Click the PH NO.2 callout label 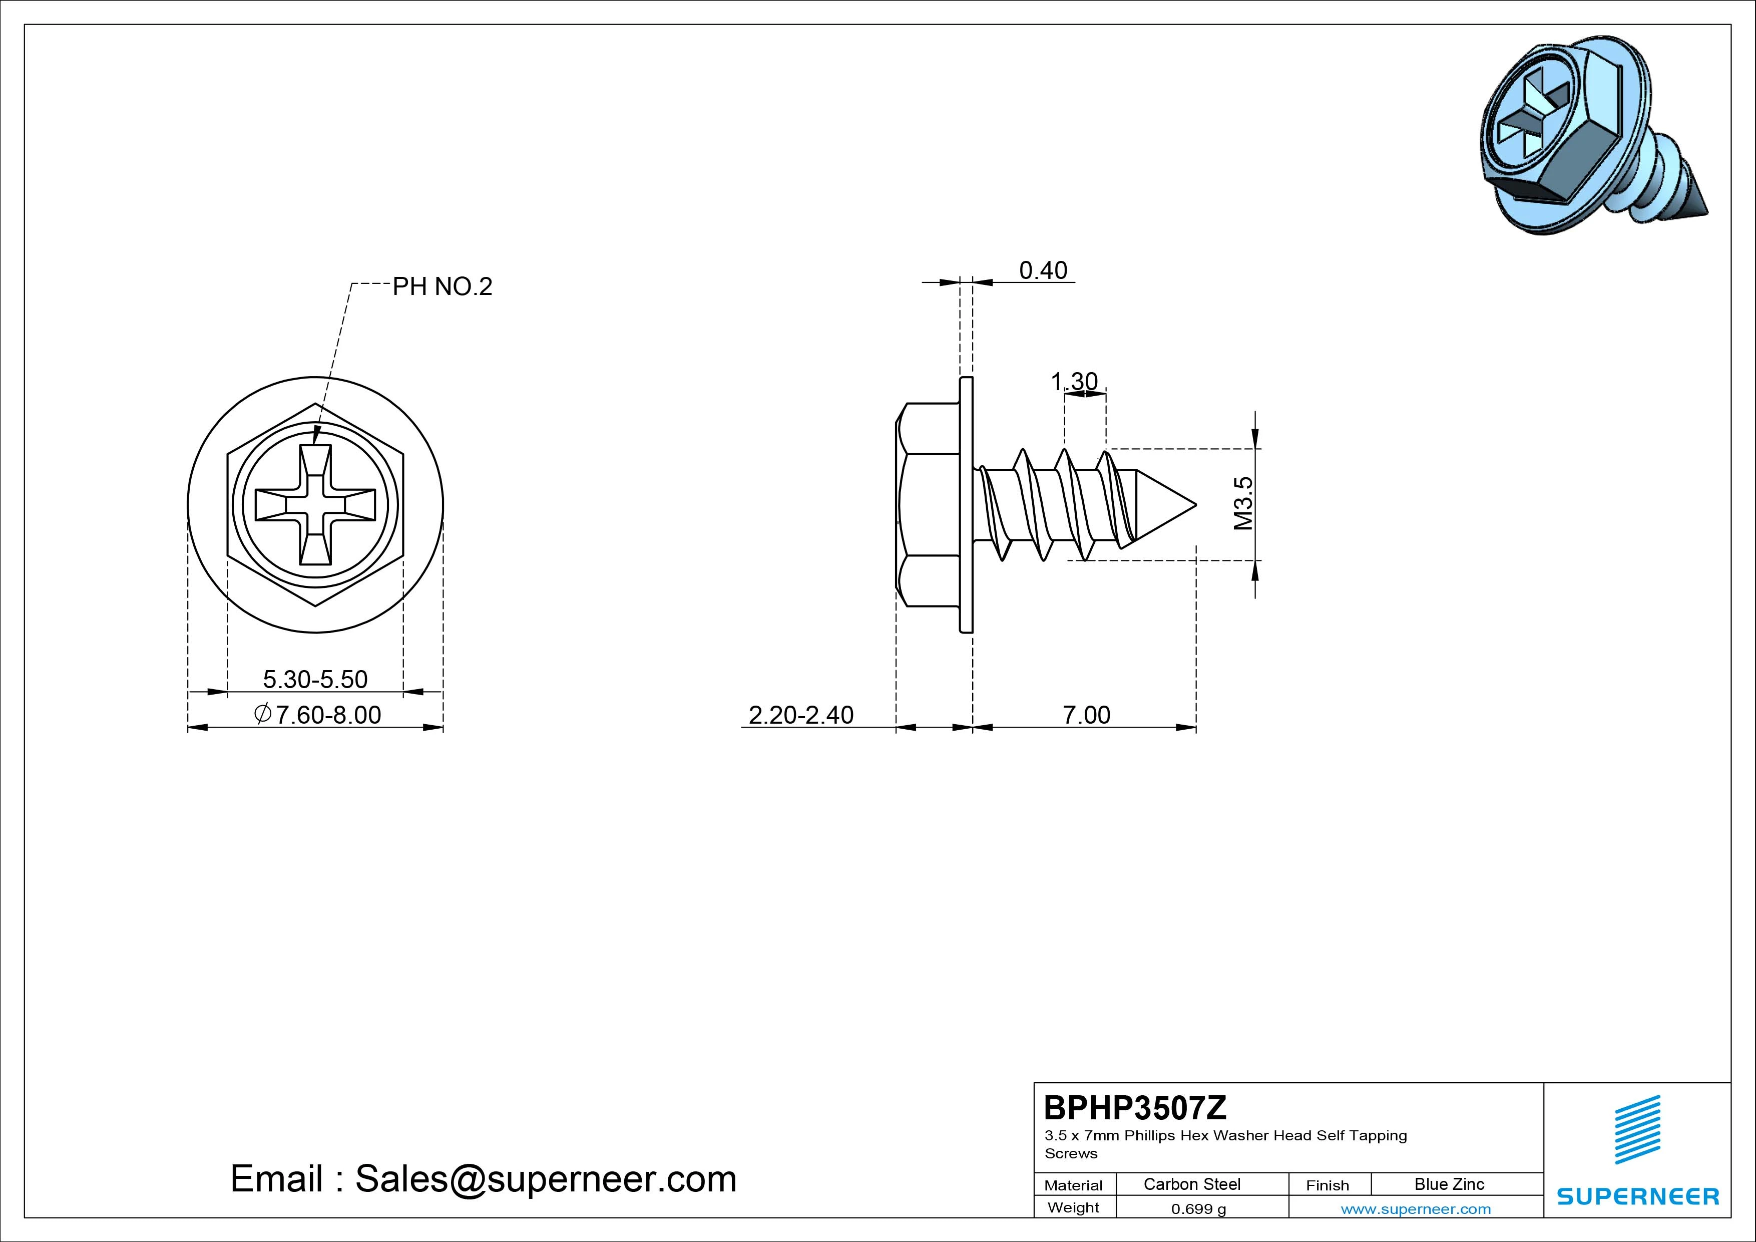[442, 287]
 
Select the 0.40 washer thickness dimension [1043, 270]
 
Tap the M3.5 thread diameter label [1243, 503]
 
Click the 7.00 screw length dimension [1086, 715]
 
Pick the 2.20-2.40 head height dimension [801, 715]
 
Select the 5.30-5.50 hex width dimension [315, 679]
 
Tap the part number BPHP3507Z [1135, 1107]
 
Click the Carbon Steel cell [1191, 1184]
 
